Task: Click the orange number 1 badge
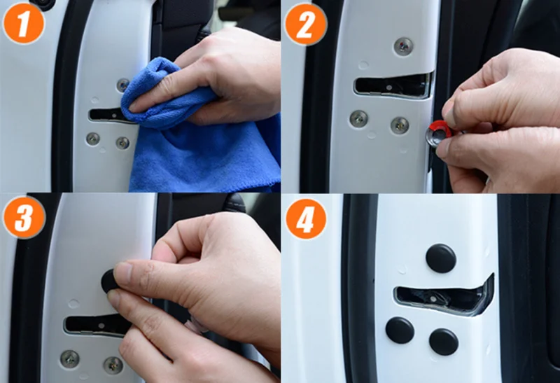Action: [x=24, y=24]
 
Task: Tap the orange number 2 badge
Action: [x=306, y=24]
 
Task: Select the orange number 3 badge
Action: [x=24, y=217]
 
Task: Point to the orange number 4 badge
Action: [x=306, y=218]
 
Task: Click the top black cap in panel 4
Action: [x=441, y=258]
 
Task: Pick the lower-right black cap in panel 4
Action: [x=444, y=342]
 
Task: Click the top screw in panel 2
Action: [x=404, y=46]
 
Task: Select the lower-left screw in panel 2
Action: [x=358, y=118]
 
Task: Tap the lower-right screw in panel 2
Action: [x=400, y=125]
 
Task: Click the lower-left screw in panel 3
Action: [x=69, y=359]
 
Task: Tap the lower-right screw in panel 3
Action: [x=113, y=365]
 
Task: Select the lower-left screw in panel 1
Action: [x=93, y=139]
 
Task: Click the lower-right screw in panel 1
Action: [x=122, y=143]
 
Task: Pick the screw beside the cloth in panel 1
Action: [x=123, y=85]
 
